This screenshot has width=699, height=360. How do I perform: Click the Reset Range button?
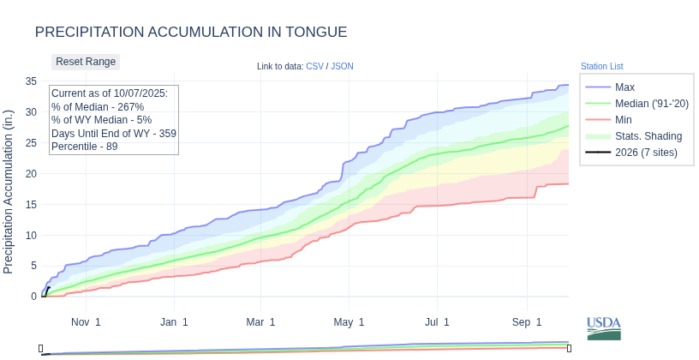point(86,62)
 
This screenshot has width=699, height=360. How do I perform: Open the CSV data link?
point(314,66)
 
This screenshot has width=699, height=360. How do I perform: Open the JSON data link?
point(342,66)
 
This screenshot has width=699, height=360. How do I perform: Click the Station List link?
point(601,66)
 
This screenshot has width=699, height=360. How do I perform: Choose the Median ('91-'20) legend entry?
point(651,104)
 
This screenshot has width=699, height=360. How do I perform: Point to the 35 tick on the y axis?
point(31,81)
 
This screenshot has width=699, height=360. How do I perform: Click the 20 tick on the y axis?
point(31,174)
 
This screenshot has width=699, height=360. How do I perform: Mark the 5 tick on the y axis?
point(33,266)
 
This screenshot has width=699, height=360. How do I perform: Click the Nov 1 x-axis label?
point(86,322)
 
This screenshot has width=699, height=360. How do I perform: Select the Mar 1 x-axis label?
point(260,322)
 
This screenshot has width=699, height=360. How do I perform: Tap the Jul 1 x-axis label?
point(437,322)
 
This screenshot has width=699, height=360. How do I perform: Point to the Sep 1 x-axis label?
point(527,322)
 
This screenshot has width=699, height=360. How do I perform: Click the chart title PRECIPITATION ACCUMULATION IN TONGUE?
point(191,32)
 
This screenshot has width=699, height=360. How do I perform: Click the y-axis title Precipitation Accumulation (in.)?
point(9,191)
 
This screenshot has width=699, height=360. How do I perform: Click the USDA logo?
point(604,328)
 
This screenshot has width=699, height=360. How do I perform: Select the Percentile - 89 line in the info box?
point(84,147)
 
